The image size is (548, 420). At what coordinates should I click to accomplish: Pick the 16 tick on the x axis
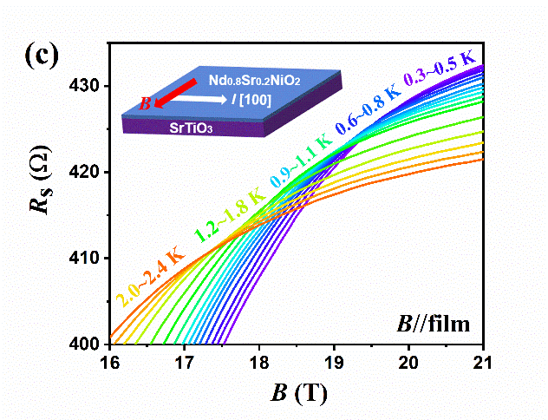point(110,362)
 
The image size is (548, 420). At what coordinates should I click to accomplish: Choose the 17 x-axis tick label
point(185,362)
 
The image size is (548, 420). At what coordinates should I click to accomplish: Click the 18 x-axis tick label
point(259,362)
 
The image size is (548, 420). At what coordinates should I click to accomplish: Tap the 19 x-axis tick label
point(334,362)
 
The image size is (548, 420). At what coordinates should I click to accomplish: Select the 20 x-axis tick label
point(408,362)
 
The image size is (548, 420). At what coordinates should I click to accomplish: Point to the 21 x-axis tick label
point(482,362)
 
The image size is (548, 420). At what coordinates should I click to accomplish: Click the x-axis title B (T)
point(295,392)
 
